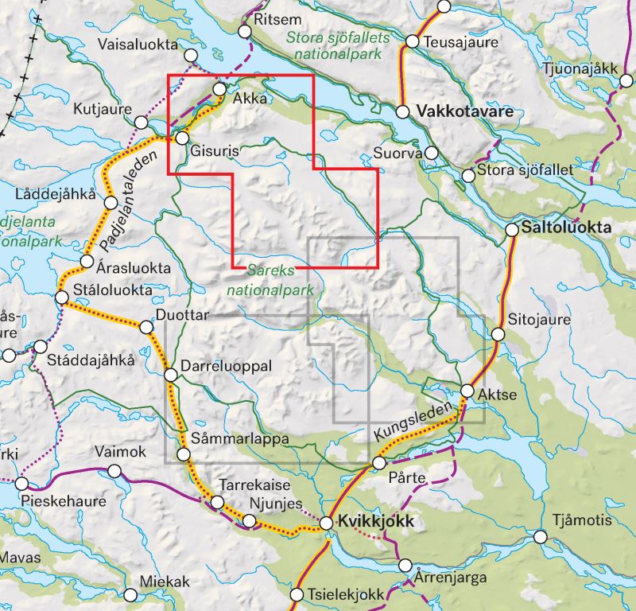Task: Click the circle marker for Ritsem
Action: pyautogui.click(x=245, y=31)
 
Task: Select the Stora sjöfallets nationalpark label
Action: pyautogui.click(x=339, y=45)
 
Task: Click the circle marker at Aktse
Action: pyautogui.click(x=467, y=390)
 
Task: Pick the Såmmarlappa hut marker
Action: pyautogui.click(x=184, y=454)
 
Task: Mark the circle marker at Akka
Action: pyautogui.click(x=219, y=89)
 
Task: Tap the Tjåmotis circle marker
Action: pyautogui.click(x=541, y=537)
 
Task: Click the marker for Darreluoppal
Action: pyautogui.click(x=170, y=375)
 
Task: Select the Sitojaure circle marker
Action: pyautogui.click(x=498, y=334)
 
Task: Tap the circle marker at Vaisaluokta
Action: pyautogui.click(x=191, y=55)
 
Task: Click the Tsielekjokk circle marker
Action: pyautogui.click(x=297, y=594)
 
